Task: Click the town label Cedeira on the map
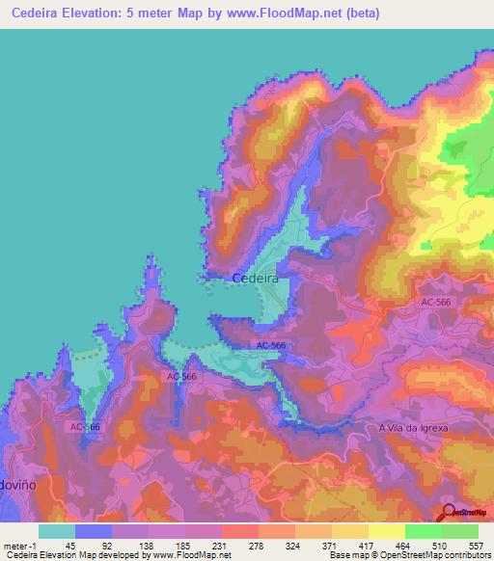coord(256,278)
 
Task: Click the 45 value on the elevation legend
coord(69,547)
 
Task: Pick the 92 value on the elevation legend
coord(106,547)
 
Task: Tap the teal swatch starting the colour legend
coord(56,531)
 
